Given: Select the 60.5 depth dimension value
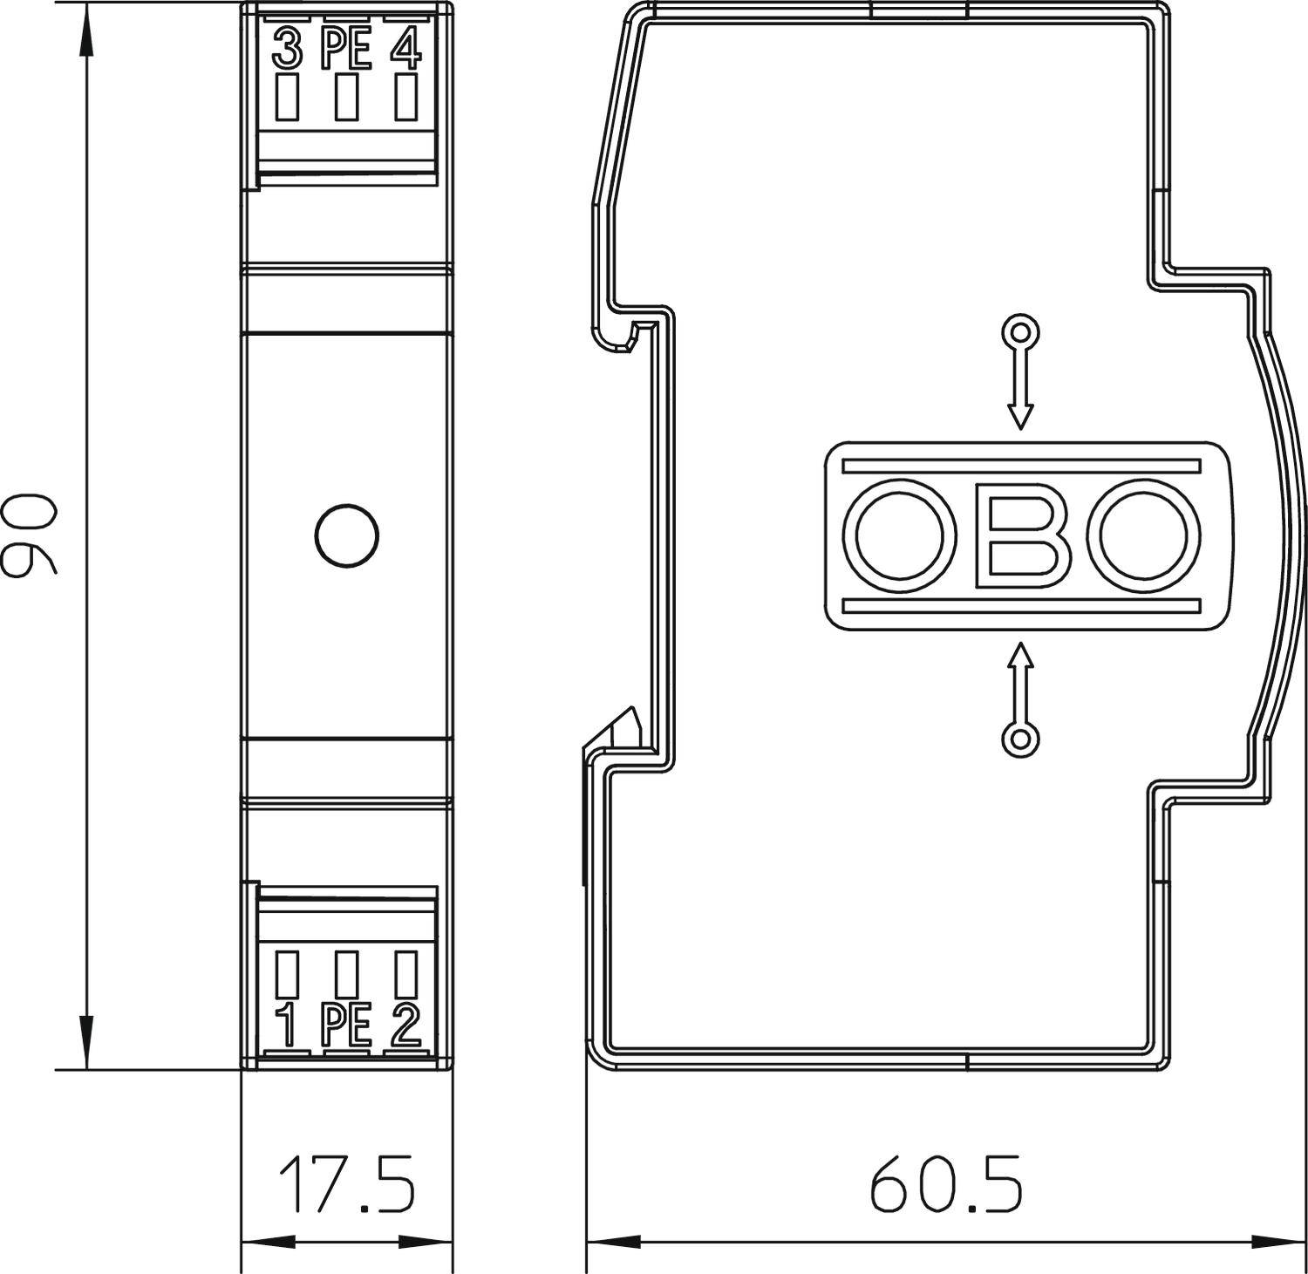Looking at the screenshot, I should tap(945, 1183).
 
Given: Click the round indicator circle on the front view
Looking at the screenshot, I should tap(346, 535).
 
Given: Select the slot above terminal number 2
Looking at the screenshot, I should tap(405, 974).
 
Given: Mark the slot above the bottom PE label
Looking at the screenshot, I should tap(346, 974).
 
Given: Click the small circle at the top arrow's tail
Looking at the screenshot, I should tap(1020, 331).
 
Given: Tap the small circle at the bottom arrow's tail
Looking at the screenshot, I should tap(1020, 739).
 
